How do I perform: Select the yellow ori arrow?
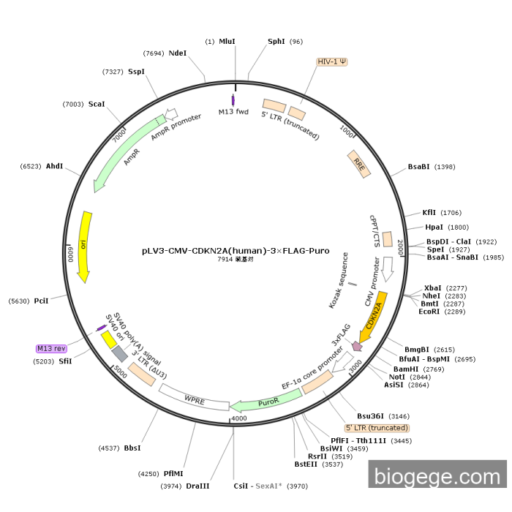(x=85, y=246)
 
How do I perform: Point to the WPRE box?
(x=194, y=399)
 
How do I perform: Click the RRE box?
(x=358, y=163)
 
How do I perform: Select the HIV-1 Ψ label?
(x=332, y=61)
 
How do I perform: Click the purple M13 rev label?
(x=51, y=348)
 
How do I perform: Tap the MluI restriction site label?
(x=227, y=42)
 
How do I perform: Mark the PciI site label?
(x=41, y=301)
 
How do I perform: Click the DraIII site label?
(x=197, y=485)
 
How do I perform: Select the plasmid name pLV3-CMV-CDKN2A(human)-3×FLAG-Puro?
(x=236, y=250)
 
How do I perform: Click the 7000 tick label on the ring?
(x=119, y=136)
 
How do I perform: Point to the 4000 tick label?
(x=239, y=418)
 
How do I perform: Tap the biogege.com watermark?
(x=437, y=476)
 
